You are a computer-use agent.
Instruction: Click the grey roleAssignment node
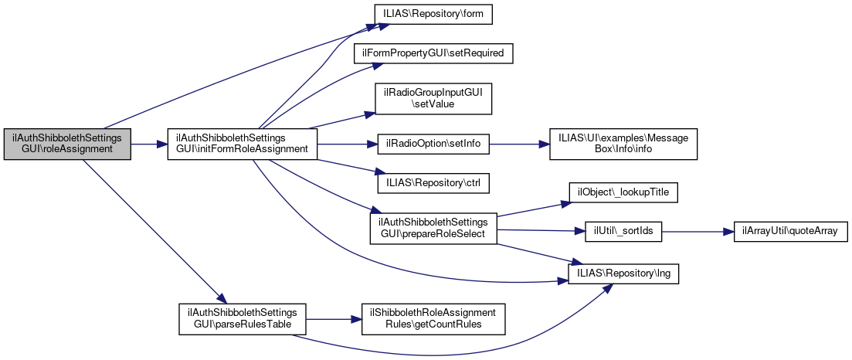[x=67, y=144]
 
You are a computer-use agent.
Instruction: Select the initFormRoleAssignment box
[x=243, y=144]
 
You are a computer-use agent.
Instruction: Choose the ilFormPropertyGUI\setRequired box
[x=433, y=54]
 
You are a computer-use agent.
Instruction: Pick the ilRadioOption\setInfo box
[x=433, y=144]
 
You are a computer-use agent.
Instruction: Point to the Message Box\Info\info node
[x=623, y=144]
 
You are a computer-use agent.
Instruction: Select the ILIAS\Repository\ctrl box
[x=433, y=184]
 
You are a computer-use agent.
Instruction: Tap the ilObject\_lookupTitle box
[x=623, y=192]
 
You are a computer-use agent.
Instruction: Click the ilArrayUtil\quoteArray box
[x=784, y=232]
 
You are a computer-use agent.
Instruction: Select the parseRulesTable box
[x=243, y=318]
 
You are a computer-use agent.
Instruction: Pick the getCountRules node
[x=433, y=318]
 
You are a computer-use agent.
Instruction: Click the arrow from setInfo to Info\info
[x=519, y=144]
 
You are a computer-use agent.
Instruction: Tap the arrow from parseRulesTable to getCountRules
[x=334, y=318]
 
